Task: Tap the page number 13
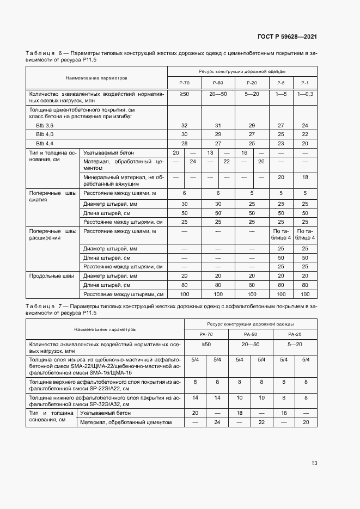tap(314, 463)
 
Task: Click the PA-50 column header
tap(251, 334)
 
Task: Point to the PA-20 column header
tap(295, 334)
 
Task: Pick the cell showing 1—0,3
tap(304, 94)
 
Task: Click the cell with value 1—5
tap(281, 94)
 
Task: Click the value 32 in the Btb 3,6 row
tap(184, 125)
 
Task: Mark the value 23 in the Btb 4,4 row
tap(281, 143)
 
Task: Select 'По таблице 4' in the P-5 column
tap(281, 235)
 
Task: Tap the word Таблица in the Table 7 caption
tap(40, 307)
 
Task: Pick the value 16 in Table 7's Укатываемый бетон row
tap(283, 413)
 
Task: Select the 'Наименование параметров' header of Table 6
tap(96, 78)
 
